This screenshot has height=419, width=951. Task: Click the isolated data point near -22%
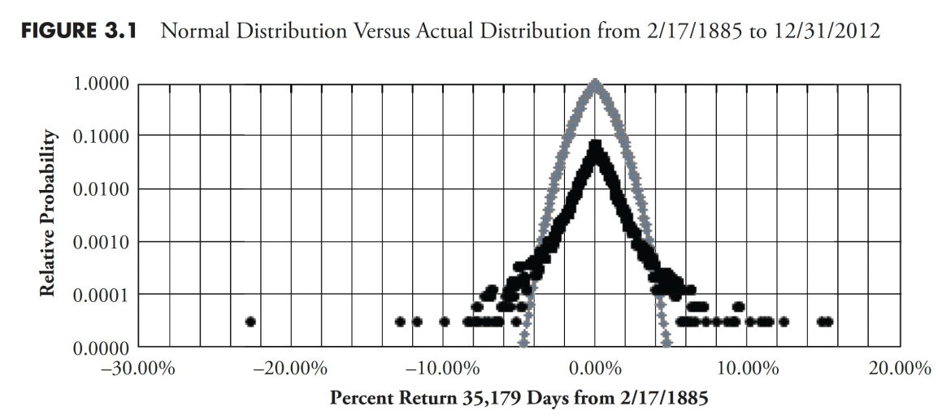pyautogui.click(x=250, y=322)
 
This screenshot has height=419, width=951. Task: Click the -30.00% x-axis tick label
pyautogui.click(x=138, y=369)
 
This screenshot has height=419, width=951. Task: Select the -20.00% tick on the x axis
pyautogui.click(x=290, y=369)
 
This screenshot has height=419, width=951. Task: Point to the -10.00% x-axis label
pyautogui.click(x=442, y=369)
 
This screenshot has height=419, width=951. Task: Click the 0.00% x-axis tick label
pyautogui.click(x=597, y=369)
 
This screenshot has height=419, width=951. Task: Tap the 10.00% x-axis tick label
pyautogui.click(x=748, y=369)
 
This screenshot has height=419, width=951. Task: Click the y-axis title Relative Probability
pyautogui.click(x=51, y=214)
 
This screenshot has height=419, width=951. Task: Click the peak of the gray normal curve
pyautogui.click(x=596, y=84)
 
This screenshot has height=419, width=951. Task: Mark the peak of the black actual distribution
pyautogui.click(x=596, y=147)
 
